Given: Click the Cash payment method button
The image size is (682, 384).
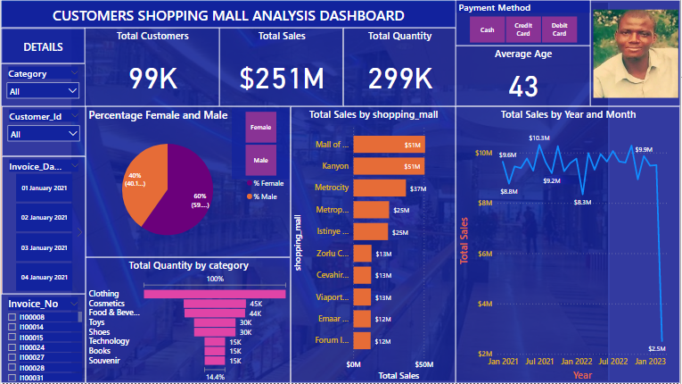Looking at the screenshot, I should (x=488, y=29).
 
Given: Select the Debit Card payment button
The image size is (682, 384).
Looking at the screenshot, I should (x=558, y=29).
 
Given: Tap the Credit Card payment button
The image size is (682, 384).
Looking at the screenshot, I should (x=522, y=29).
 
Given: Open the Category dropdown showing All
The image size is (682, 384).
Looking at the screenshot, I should (x=43, y=90).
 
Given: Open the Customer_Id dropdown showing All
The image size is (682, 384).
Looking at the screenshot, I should (x=43, y=134).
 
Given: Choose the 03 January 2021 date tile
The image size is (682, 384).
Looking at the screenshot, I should (x=45, y=247).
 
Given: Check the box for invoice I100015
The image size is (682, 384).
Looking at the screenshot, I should (x=12, y=338).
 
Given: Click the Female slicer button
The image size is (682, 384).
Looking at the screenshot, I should (x=260, y=128).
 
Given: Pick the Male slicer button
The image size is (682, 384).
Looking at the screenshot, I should (x=260, y=160).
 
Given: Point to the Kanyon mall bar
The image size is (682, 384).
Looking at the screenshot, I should (x=389, y=166).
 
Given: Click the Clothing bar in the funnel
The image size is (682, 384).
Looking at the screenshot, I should (x=215, y=293).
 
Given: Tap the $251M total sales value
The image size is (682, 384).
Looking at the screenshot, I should (x=282, y=79).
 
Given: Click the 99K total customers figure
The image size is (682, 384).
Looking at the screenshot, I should (x=153, y=79).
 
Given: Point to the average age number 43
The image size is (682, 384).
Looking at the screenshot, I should (x=523, y=87).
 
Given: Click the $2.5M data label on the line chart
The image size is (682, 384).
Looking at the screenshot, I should (x=657, y=348).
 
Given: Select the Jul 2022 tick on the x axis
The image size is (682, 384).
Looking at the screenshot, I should (x=612, y=362).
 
